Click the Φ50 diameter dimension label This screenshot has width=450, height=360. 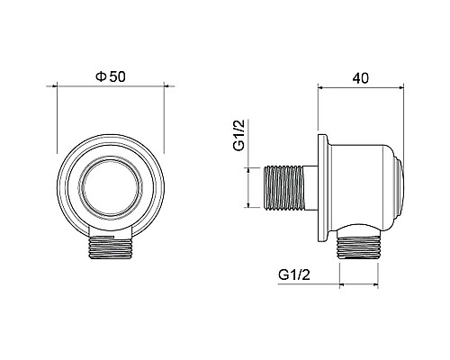(x=110, y=76)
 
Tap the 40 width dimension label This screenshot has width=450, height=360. (x=360, y=78)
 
